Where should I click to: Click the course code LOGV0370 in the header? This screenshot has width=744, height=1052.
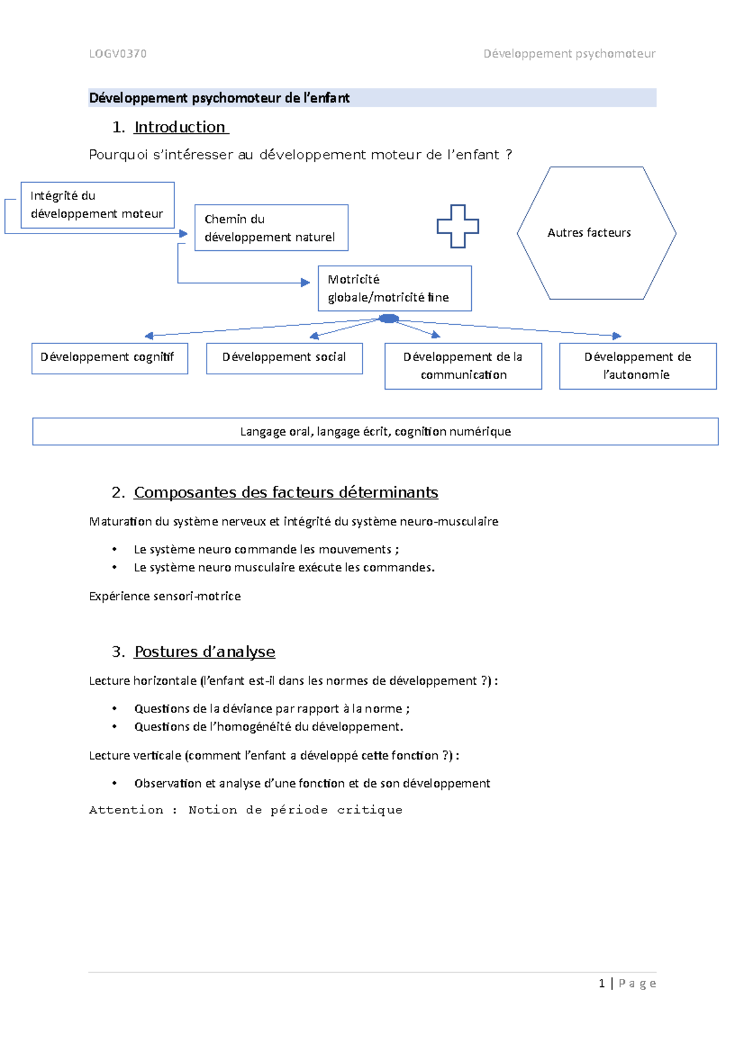pyautogui.click(x=118, y=54)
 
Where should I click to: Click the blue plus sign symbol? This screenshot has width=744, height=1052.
pyautogui.click(x=458, y=226)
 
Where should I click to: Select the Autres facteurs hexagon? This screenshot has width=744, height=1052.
pyautogui.click(x=596, y=233)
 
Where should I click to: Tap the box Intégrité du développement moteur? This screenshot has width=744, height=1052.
pyautogui.click(x=97, y=205)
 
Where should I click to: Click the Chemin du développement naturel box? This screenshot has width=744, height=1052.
pyautogui.click(x=271, y=228)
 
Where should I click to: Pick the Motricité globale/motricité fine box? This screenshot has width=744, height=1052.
pyautogui.click(x=394, y=289)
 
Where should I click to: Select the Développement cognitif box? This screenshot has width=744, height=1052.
pyautogui.click(x=109, y=358)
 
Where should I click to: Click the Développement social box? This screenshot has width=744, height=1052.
pyautogui.click(x=284, y=358)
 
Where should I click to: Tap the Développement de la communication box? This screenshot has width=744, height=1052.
pyautogui.click(x=463, y=366)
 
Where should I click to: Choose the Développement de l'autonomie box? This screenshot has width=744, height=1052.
pyautogui.click(x=637, y=366)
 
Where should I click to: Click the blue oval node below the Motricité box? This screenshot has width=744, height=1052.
pyautogui.click(x=389, y=318)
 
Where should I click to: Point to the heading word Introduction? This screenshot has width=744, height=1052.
pyautogui.click(x=180, y=127)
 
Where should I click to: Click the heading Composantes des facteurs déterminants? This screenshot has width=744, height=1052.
pyautogui.click(x=286, y=493)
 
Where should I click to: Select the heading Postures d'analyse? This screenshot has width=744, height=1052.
pyautogui.click(x=205, y=652)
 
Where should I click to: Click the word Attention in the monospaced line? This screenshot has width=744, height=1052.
pyautogui.click(x=126, y=810)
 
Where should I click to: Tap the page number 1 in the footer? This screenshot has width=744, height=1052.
pyautogui.click(x=601, y=983)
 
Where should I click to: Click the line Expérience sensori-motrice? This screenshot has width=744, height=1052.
pyautogui.click(x=164, y=596)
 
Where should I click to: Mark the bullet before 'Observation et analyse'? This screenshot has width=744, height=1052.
pyautogui.click(x=115, y=783)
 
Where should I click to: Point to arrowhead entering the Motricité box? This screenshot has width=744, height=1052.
pyautogui.click(x=305, y=283)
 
